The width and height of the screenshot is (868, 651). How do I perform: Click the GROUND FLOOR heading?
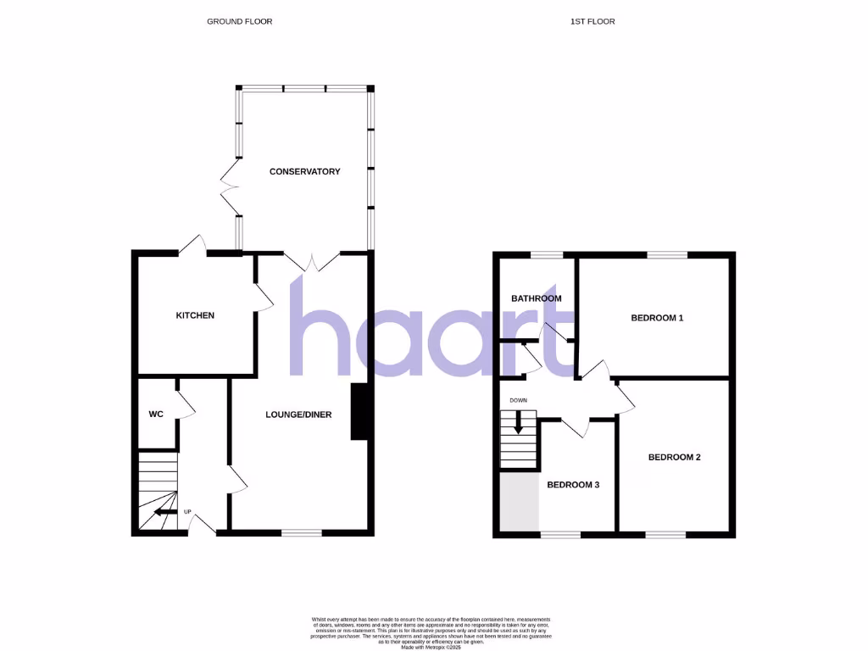click(x=240, y=21)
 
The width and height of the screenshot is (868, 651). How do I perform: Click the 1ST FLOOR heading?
click(x=593, y=21)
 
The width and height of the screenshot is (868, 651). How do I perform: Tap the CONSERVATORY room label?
click(x=304, y=171)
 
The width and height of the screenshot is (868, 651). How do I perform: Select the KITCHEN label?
click(x=195, y=315)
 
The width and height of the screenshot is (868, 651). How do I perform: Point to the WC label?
click(x=156, y=415)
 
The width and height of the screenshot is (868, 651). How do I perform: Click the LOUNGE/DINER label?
click(x=298, y=415)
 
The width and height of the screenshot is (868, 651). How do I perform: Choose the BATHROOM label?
click(x=536, y=298)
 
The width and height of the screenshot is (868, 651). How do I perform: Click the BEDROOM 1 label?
click(x=657, y=318)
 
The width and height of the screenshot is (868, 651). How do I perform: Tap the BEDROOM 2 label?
click(x=674, y=457)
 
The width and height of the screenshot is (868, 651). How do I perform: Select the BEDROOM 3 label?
click(x=573, y=485)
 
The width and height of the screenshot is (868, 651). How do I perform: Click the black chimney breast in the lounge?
click(x=359, y=412)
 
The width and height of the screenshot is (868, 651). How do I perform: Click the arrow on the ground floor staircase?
click(x=164, y=512)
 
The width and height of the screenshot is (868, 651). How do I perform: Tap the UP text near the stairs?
click(x=187, y=512)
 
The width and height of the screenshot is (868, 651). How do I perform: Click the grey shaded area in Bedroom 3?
click(x=519, y=502)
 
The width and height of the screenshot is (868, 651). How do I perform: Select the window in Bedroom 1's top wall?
click(x=668, y=254)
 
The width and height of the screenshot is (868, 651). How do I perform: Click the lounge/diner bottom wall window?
click(x=302, y=533)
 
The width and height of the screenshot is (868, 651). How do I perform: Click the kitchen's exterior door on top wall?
click(x=194, y=247)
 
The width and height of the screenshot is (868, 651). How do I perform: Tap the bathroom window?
click(x=547, y=254)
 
